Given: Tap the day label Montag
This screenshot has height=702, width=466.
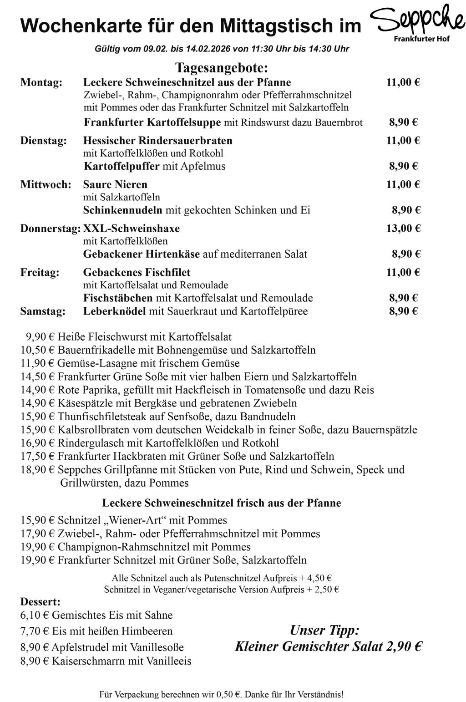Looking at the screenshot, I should (41, 82).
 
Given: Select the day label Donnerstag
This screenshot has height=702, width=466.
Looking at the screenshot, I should (50, 229).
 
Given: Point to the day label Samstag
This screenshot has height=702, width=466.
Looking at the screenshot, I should (43, 311).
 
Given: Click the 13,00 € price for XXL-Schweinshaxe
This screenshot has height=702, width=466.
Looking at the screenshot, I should (403, 229).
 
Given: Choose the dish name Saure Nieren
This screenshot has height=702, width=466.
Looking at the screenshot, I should (115, 184).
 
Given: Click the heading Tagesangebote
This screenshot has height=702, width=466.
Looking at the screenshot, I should (222, 68).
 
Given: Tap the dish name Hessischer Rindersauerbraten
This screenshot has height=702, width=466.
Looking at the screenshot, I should (157, 140).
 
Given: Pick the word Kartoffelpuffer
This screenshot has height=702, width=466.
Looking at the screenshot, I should (122, 166).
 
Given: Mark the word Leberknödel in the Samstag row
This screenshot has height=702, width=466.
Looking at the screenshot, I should (114, 311).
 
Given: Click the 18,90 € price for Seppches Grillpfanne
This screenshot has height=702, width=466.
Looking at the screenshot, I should (37, 470).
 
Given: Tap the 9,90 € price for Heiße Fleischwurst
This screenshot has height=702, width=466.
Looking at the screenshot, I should (40, 337).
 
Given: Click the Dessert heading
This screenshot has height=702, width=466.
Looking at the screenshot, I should (41, 602).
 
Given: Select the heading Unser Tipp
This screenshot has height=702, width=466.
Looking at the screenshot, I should (324, 631).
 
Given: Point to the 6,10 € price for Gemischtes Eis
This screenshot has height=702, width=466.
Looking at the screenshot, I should (35, 616).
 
